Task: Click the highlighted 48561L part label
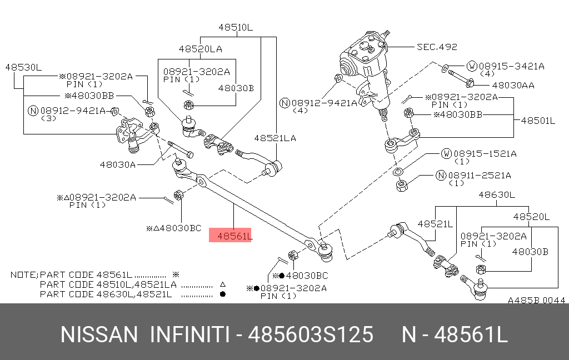230,236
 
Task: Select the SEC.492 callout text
437,47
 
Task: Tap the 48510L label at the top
235,27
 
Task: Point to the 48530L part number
23,67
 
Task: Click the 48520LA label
200,49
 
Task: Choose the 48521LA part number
275,137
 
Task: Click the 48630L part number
497,194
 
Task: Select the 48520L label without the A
531,217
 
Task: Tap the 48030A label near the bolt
118,164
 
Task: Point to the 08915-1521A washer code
486,153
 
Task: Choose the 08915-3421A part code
511,66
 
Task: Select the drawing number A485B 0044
536,300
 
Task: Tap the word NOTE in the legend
23,275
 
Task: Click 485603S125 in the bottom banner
310,335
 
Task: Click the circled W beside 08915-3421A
471,66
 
